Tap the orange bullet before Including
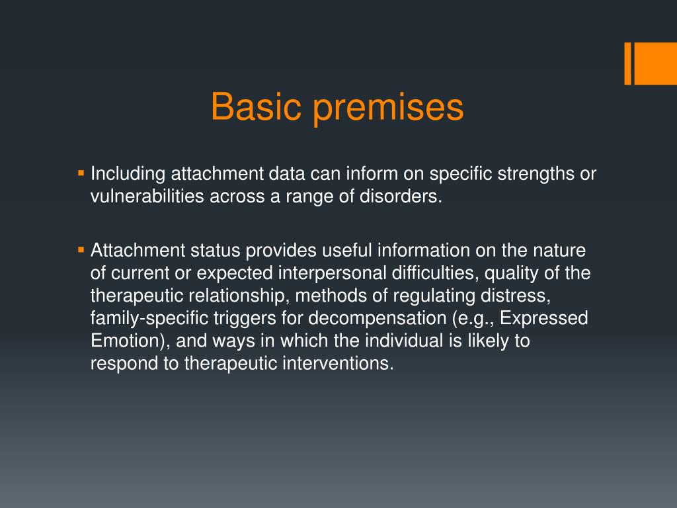pos(81,173)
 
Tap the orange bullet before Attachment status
pos(81,250)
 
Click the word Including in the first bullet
pos(128,175)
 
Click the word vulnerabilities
pos(148,197)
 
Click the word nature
pos(561,251)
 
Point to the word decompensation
pos(377,319)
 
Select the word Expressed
pos(543,319)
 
